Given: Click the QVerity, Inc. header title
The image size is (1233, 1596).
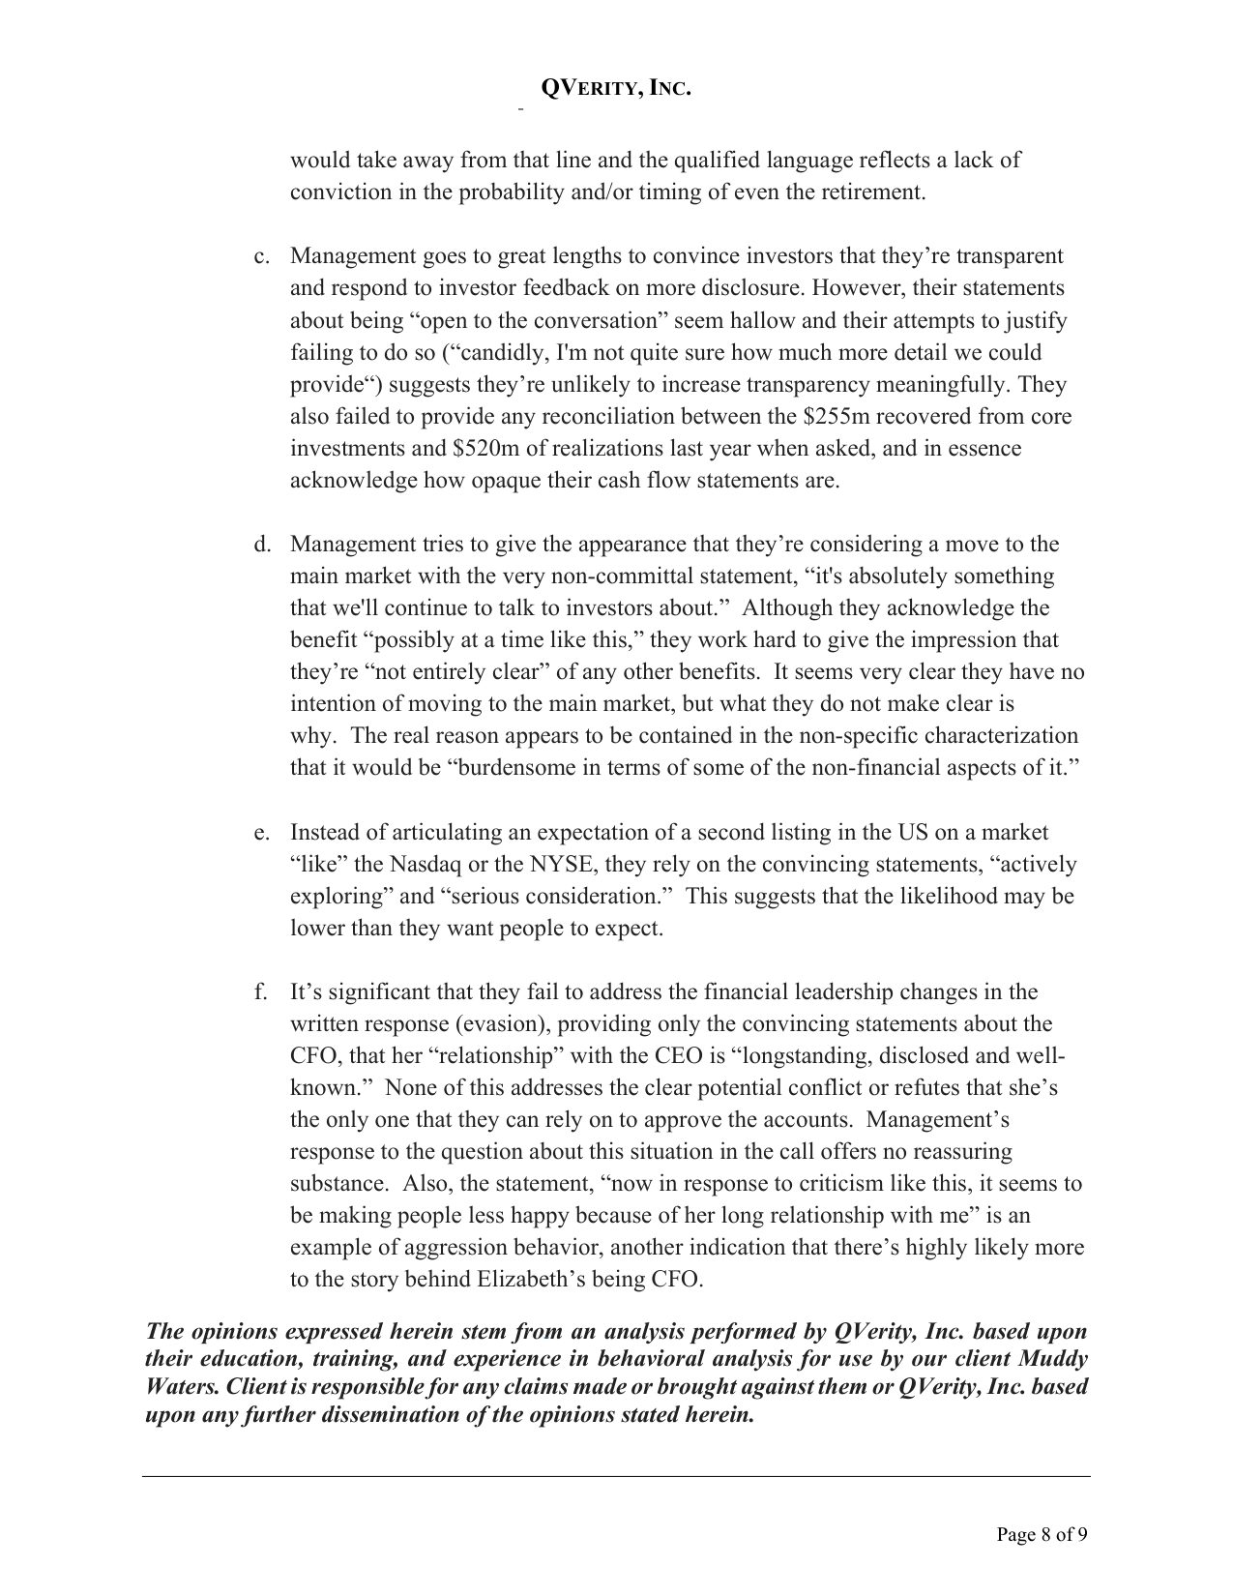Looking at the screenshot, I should pos(615,88).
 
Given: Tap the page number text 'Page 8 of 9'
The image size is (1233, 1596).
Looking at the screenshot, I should pos(1042,1533).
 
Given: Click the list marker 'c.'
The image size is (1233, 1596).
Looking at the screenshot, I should pos(261,256).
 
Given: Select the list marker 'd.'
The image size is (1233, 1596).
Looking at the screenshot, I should pos(261,545).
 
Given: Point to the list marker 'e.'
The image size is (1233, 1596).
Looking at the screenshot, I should pos(261,833).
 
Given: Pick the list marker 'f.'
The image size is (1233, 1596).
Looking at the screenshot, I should pos(261,992).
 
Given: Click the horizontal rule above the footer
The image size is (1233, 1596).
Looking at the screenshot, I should pos(615,1476).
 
